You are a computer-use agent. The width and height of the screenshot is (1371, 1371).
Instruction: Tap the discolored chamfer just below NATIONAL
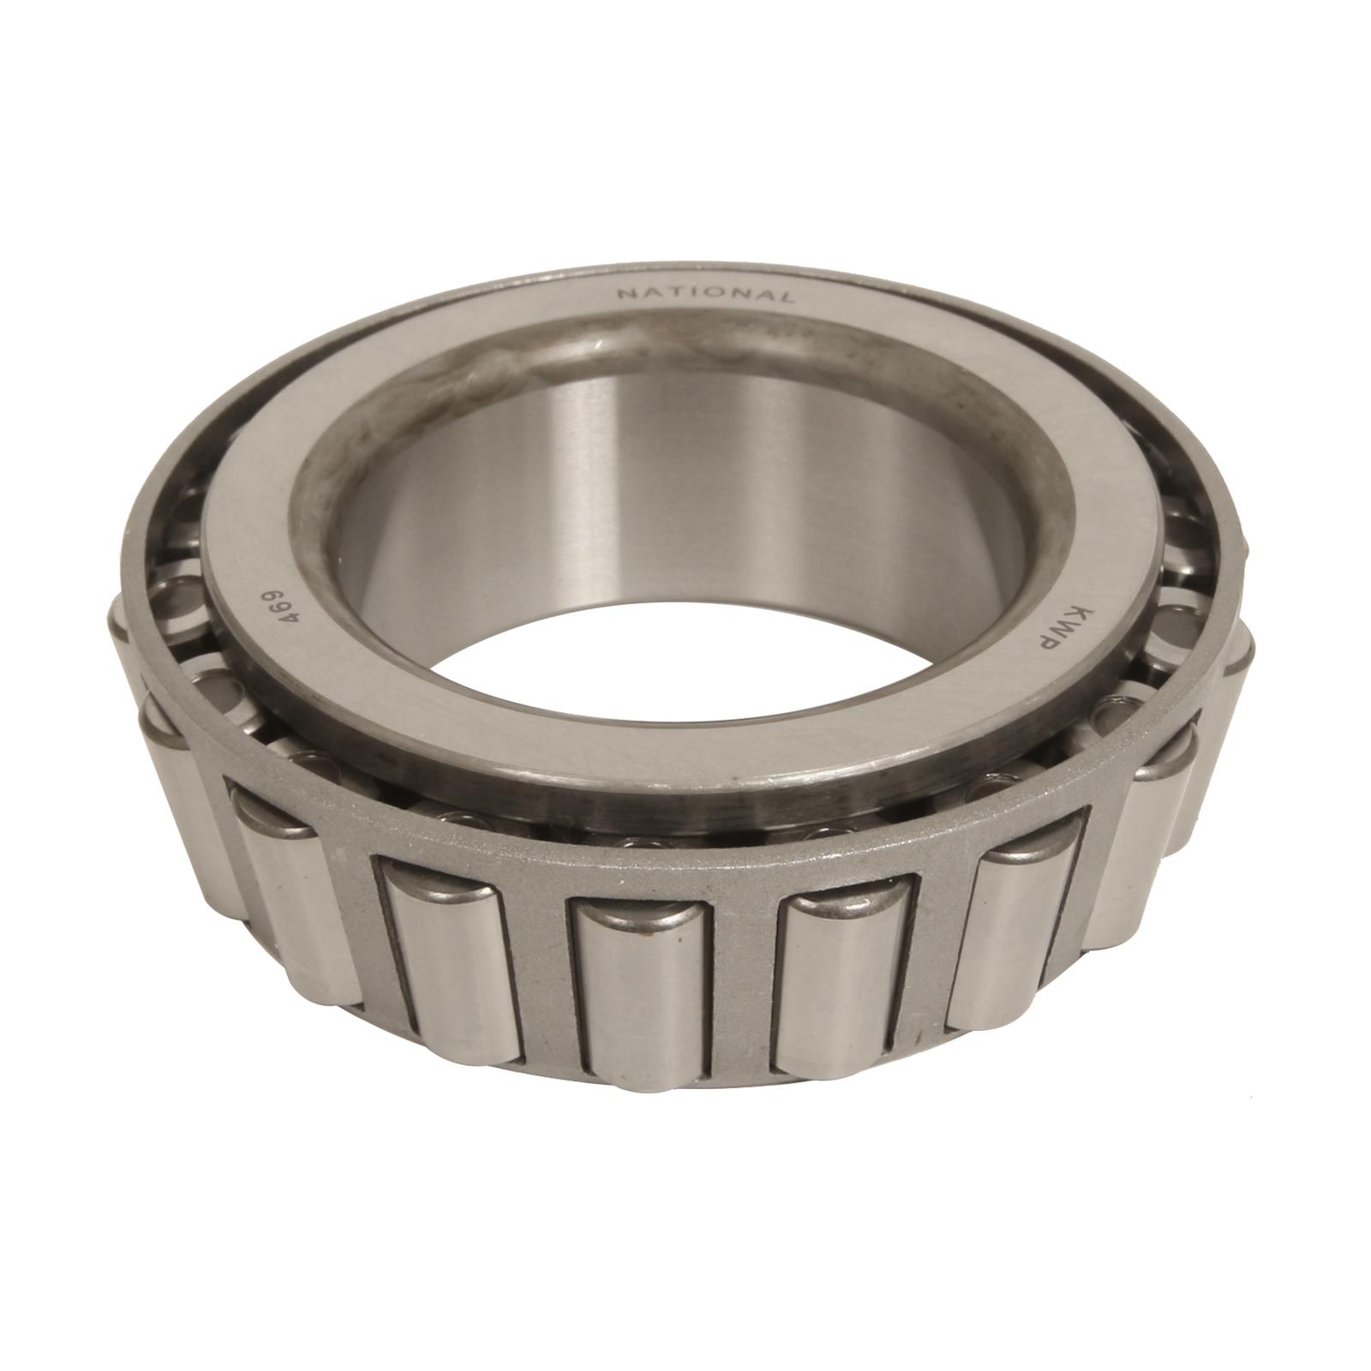pos(685,330)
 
